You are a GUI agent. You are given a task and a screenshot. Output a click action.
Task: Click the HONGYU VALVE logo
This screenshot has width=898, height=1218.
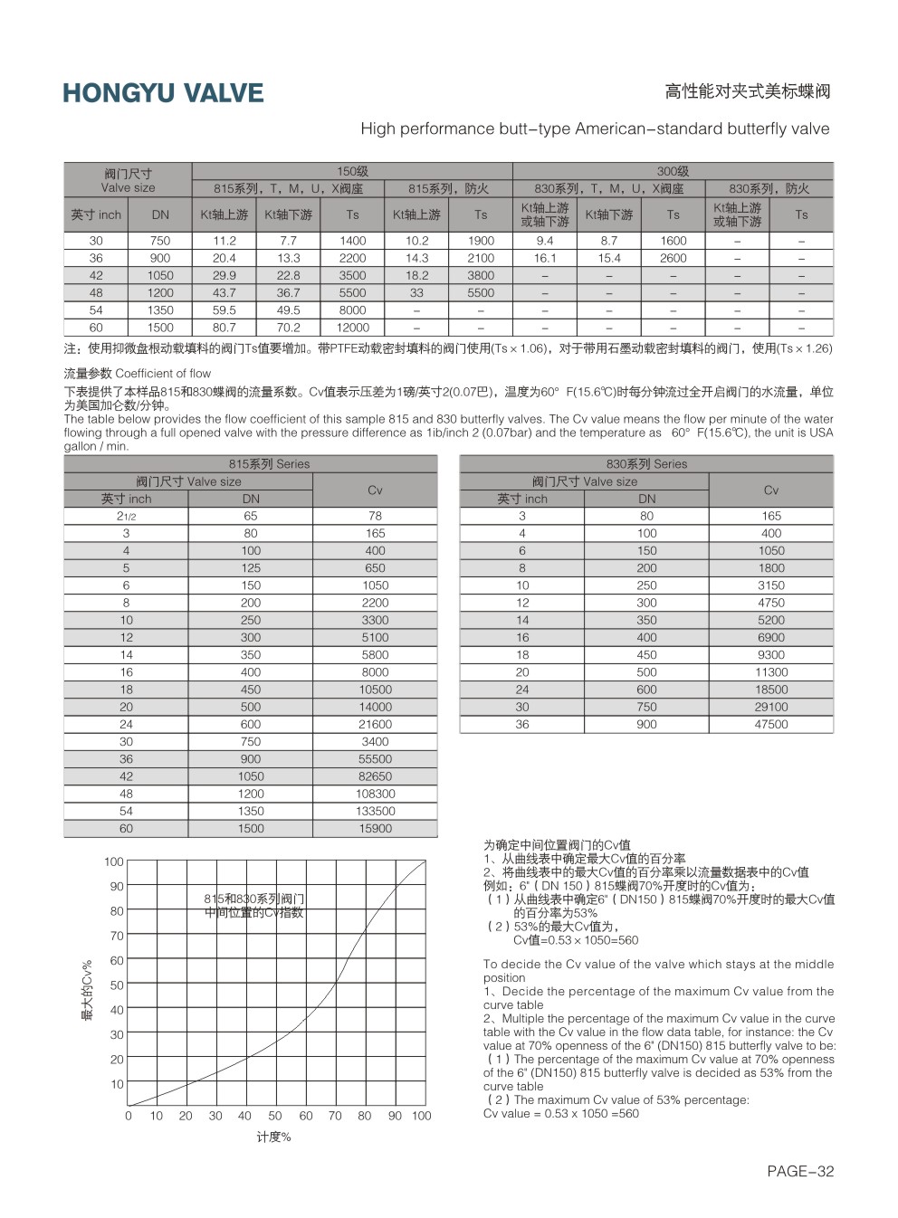163,93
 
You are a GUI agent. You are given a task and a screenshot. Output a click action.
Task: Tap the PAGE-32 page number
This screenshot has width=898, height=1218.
799,1171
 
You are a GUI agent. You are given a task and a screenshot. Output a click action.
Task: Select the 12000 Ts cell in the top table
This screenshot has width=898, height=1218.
352,328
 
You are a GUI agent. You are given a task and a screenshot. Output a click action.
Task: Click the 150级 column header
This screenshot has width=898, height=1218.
352,171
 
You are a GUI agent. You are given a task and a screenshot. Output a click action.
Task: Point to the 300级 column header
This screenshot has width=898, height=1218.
673,171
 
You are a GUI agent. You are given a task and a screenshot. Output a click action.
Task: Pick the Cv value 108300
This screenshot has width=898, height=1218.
375,794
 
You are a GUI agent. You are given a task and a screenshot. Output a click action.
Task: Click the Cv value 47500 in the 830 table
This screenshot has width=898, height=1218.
771,724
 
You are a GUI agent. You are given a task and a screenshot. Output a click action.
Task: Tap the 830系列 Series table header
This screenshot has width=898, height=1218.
646,463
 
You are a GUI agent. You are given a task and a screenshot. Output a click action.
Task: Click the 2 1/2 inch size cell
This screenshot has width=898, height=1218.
126,516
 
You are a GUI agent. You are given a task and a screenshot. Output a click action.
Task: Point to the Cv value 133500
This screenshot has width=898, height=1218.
375,811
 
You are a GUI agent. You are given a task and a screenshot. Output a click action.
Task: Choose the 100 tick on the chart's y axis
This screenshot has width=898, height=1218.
113,861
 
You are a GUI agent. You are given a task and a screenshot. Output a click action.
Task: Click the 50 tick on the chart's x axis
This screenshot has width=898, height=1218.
275,1116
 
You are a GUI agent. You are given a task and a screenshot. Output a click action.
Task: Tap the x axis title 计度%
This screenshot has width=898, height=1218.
273,1137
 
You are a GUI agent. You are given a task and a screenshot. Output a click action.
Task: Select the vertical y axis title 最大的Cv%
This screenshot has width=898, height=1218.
88,991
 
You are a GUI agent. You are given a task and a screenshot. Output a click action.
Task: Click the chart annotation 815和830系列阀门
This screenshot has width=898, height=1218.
253,899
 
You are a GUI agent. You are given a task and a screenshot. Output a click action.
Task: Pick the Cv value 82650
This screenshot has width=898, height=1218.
375,776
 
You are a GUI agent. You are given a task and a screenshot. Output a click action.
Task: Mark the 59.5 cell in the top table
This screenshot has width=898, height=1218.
224,309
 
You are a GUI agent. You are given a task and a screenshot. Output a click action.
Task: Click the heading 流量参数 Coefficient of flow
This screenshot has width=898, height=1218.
138,373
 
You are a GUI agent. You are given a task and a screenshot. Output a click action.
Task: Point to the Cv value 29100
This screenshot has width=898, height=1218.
771,707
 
